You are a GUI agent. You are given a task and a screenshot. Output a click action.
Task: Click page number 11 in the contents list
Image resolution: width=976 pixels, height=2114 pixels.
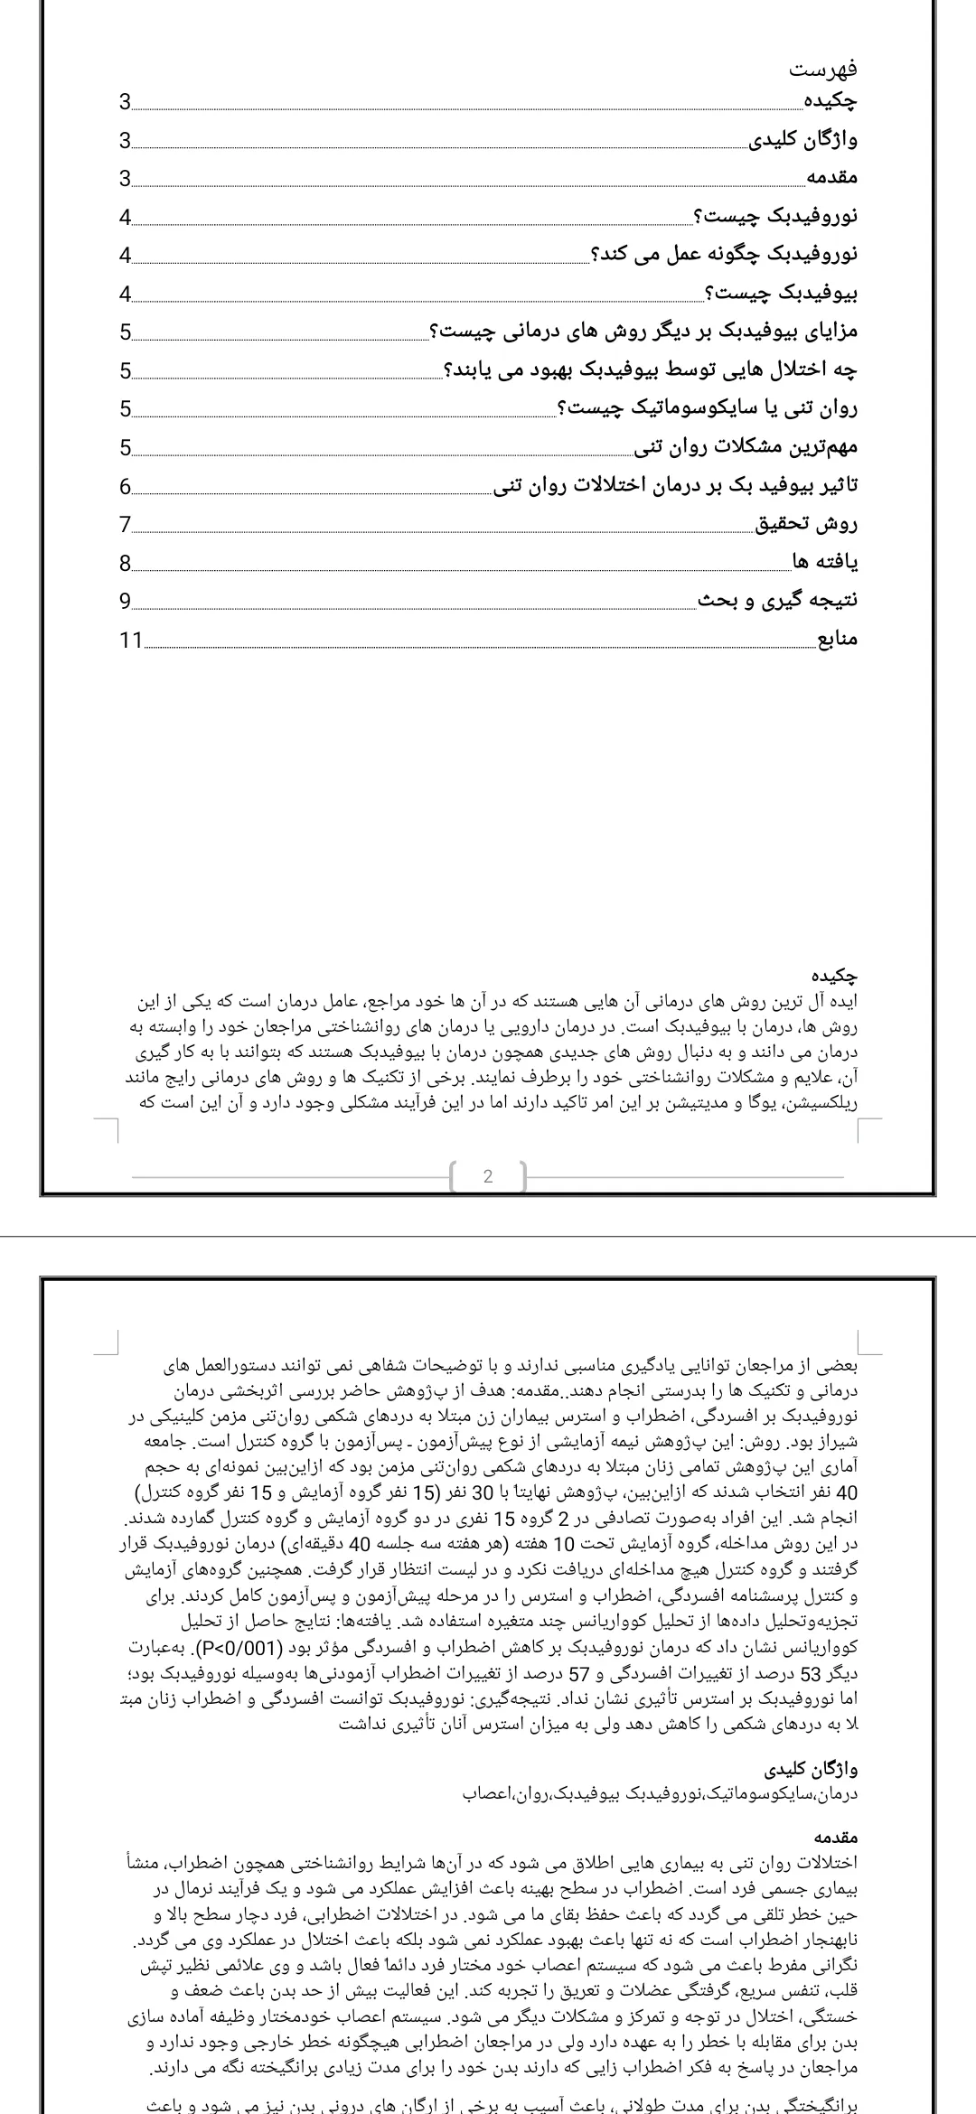131,641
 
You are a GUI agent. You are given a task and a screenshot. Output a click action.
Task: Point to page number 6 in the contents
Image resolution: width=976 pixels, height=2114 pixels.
125,486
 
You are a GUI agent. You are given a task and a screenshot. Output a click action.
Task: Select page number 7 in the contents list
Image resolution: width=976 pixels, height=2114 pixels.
125,525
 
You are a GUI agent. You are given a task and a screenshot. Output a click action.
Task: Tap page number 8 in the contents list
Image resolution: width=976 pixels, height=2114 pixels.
125,564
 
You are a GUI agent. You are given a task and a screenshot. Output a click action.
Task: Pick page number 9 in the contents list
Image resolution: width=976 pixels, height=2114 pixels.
125,602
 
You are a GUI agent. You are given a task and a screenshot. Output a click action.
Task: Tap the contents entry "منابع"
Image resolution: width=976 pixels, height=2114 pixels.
837,641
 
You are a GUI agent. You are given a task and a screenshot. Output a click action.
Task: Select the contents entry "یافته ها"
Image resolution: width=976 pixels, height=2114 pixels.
825,563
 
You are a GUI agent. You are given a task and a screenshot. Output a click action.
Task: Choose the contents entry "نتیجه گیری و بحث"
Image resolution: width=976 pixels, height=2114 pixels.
779,602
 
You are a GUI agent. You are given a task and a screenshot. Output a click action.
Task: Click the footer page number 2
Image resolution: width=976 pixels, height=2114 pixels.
488,1176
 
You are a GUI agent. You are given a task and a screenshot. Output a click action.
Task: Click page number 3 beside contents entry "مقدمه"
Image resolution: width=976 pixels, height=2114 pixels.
125,178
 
